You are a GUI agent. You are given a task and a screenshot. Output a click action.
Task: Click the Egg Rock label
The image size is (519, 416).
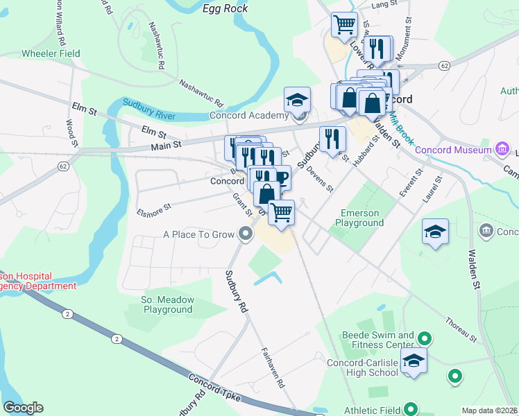[220, 8]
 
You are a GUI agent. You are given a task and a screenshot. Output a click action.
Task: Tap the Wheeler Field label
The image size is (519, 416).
[51, 53]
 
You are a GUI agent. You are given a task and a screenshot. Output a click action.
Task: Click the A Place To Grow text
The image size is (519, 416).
[199, 234]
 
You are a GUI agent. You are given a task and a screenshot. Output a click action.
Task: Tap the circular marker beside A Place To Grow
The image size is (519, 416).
[246, 235]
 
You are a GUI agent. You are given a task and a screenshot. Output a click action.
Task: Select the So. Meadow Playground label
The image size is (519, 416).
[167, 304]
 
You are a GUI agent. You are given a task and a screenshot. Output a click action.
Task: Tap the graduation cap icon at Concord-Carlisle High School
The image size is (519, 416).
[414, 361]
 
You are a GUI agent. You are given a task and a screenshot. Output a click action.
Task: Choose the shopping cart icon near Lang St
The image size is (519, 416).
[344, 24]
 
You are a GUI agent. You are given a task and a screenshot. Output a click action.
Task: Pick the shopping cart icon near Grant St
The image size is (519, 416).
[281, 211]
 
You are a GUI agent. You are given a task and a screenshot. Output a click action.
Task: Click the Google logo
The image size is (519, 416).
[23, 408]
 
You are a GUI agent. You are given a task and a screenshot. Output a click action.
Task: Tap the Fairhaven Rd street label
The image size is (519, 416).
[272, 367]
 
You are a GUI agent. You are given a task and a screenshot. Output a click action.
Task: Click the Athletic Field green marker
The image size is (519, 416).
[411, 408]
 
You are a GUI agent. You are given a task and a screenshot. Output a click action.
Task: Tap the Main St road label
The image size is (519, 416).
[167, 144]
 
